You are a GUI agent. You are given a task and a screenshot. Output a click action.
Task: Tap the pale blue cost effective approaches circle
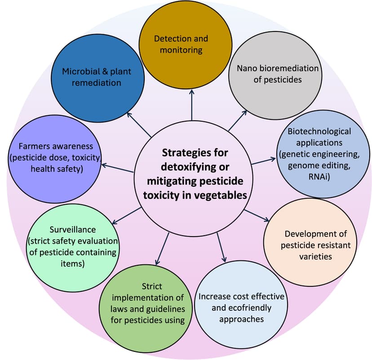(x=242, y=307)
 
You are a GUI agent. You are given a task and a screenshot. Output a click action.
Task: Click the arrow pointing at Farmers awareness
(x=117, y=168)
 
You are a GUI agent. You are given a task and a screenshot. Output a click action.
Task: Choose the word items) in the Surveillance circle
(x=72, y=263)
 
